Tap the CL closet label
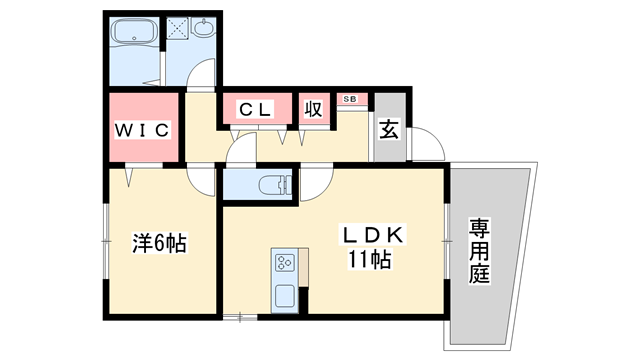click(x=256, y=111)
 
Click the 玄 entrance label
click(x=388, y=128)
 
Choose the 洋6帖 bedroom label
click(x=161, y=243)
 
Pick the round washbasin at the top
click(x=204, y=30)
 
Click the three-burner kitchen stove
click(x=283, y=264)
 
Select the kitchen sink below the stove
click(x=283, y=297)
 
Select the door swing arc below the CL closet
click(x=241, y=150)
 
